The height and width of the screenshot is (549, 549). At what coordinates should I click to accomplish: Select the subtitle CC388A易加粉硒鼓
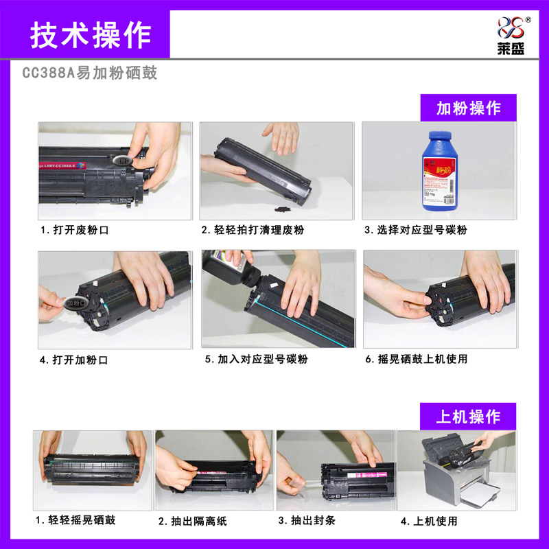pyautogui.click(x=90, y=73)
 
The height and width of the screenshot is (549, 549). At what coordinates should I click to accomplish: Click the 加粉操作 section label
pyautogui.click(x=468, y=108)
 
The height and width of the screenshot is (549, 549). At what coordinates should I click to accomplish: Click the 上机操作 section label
pyautogui.click(x=468, y=417)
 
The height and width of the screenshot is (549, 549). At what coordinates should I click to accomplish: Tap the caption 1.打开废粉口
pyautogui.click(x=75, y=231)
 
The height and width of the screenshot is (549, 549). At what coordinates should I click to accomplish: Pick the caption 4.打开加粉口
pyautogui.click(x=75, y=359)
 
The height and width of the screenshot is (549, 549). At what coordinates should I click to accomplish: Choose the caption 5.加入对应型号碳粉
pyautogui.click(x=256, y=359)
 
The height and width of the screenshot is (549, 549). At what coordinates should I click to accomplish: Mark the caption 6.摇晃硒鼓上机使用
pyautogui.click(x=416, y=359)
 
